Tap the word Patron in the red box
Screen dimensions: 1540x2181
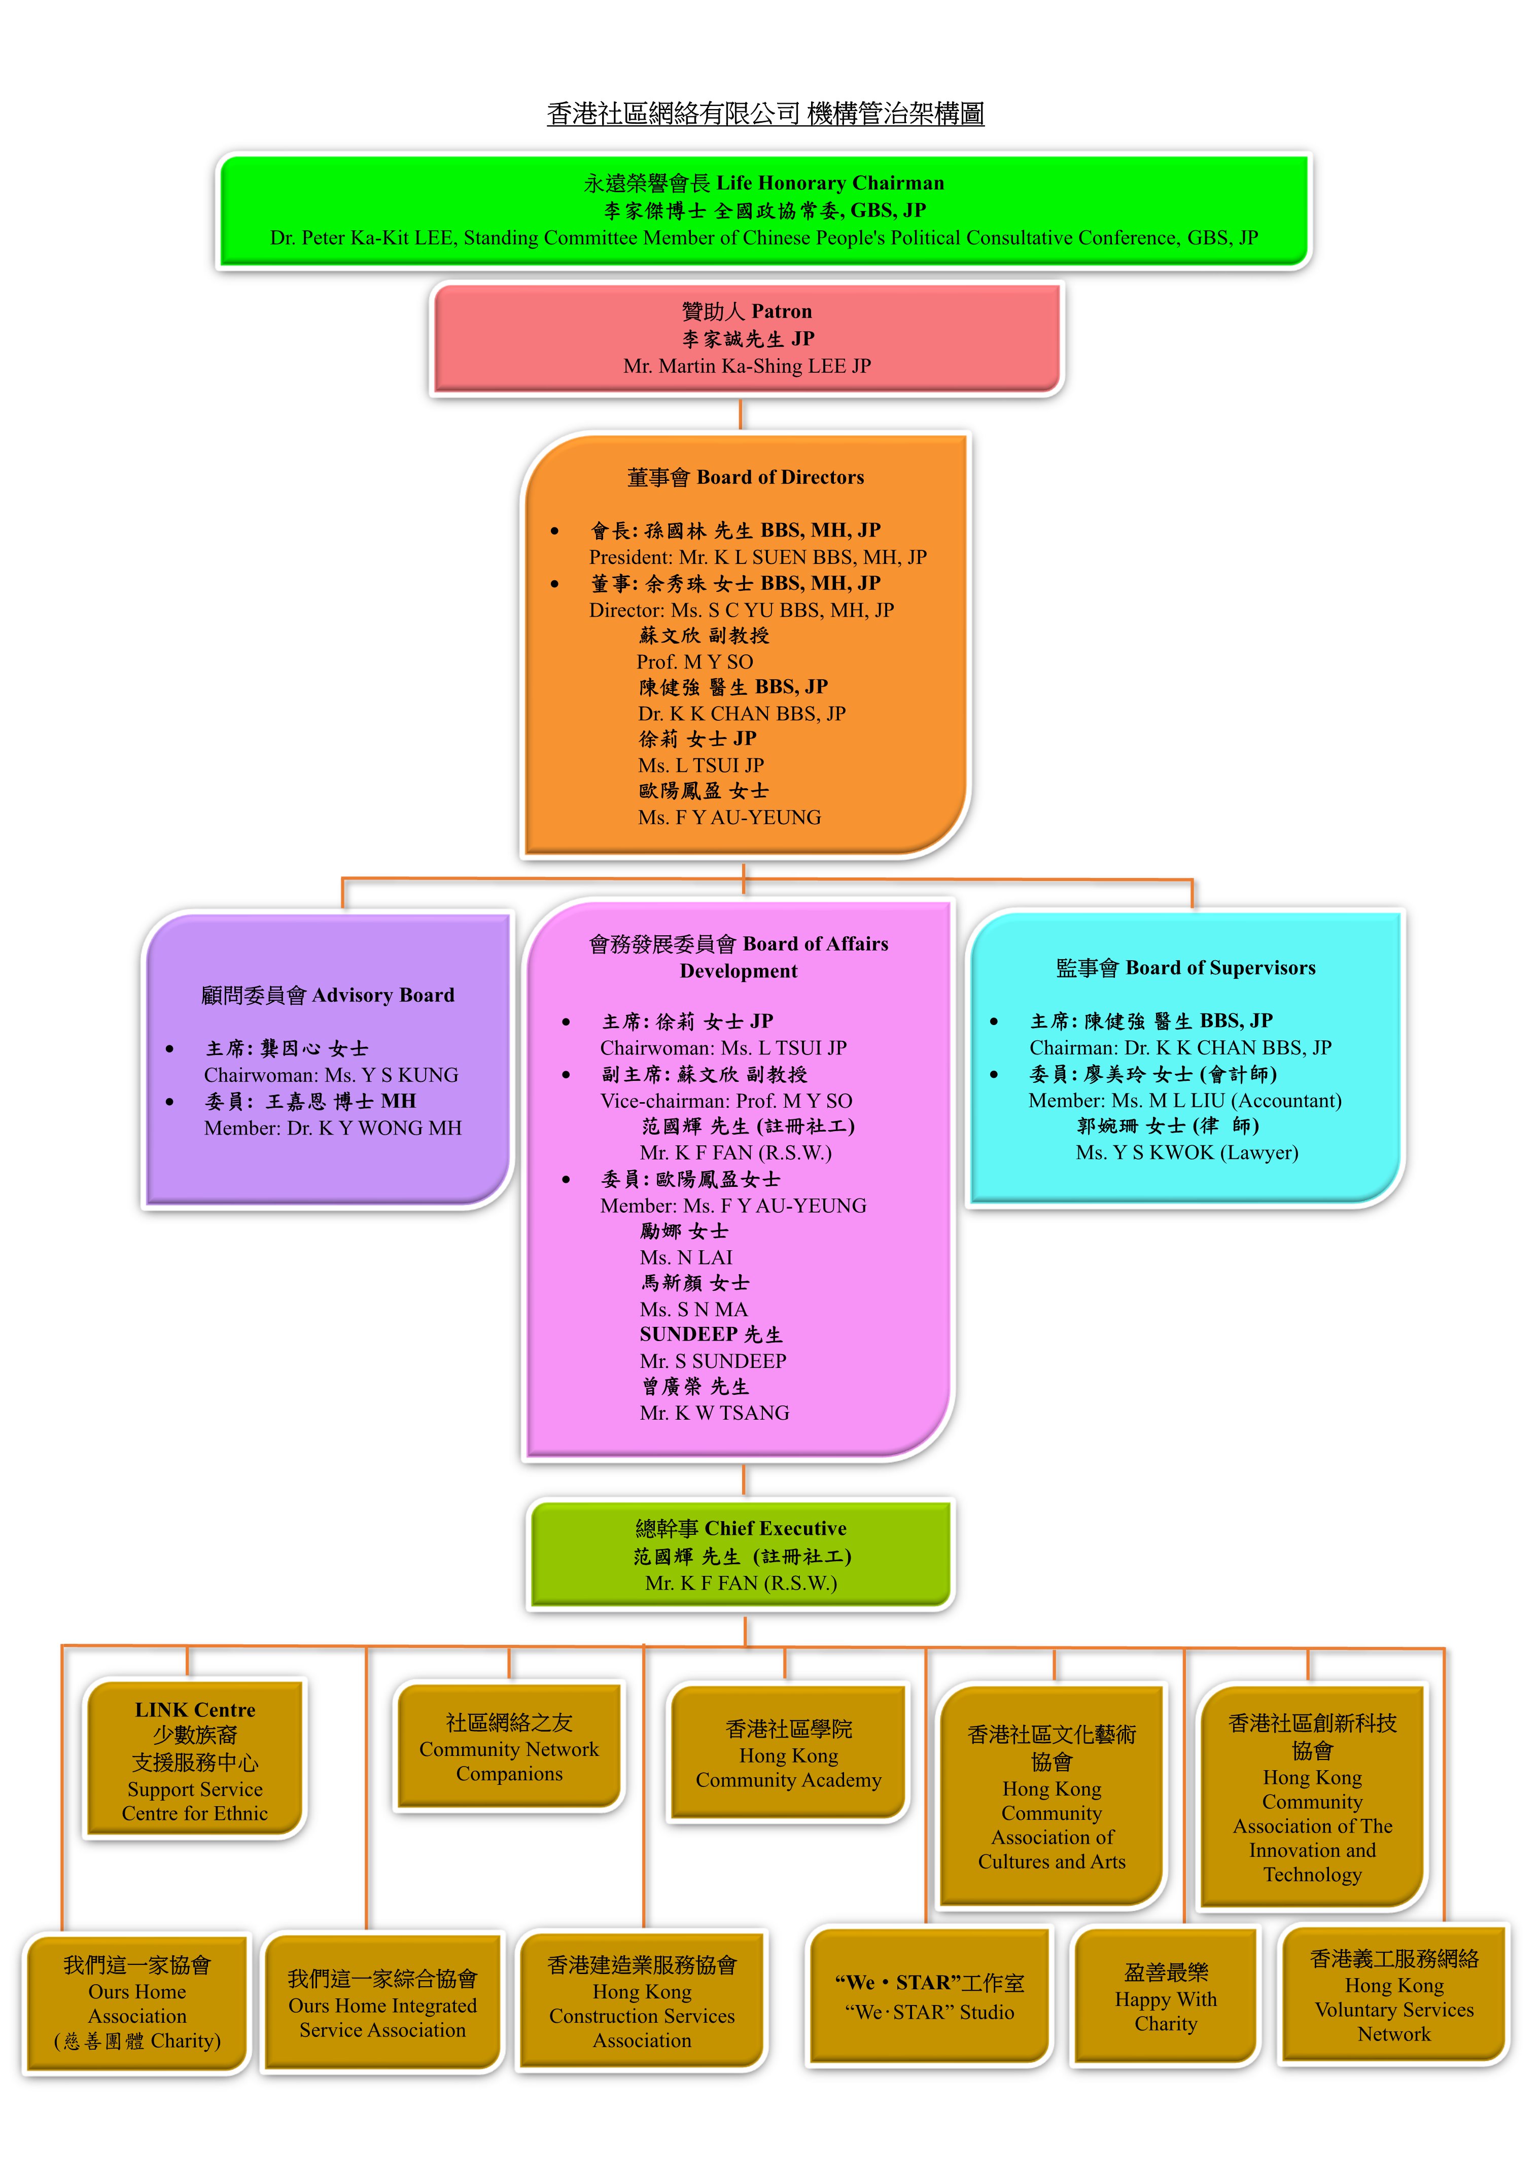[x=781, y=311]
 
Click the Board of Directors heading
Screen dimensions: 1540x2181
[x=746, y=477]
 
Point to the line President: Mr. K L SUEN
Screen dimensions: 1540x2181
[x=757, y=556]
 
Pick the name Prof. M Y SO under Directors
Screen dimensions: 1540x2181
[x=694, y=661]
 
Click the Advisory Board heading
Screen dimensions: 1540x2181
[x=328, y=995]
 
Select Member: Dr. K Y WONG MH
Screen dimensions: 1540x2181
[x=333, y=1128]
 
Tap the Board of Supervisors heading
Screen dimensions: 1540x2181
[x=1185, y=967]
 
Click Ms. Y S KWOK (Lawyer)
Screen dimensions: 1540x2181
[x=1186, y=1152]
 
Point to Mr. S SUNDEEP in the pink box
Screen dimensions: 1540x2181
[x=713, y=1360]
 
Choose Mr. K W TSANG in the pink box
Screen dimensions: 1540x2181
[x=714, y=1413]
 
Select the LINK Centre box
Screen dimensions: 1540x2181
[x=195, y=1760]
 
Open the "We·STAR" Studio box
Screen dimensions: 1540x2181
[x=929, y=1996]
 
